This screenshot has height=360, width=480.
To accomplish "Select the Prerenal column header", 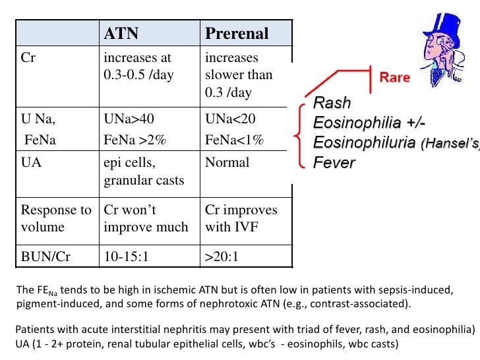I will click(237, 33).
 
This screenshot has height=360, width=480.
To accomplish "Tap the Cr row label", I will click(28, 57).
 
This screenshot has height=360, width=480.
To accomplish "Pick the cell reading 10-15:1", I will click(127, 256).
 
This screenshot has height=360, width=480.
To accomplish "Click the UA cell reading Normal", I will click(227, 162).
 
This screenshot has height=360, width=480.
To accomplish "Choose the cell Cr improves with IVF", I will click(241, 218).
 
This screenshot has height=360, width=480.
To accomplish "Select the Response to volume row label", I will click(56, 218).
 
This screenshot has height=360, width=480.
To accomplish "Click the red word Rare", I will click(394, 78).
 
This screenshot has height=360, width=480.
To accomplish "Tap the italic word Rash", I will click(332, 104).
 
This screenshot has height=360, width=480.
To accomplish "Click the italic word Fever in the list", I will click(334, 162).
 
